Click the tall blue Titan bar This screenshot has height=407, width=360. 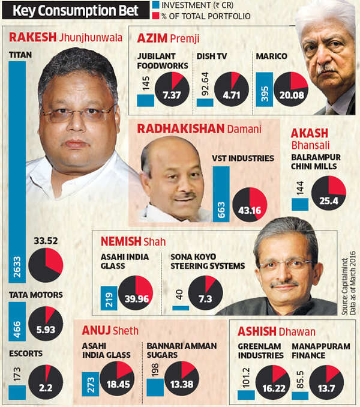tap(17, 172)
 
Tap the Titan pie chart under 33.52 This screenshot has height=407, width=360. tap(46, 265)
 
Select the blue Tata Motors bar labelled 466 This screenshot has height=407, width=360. tap(17, 321)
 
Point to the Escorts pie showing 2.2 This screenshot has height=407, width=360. tap(46, 382)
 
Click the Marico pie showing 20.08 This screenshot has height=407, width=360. tap(291, 89)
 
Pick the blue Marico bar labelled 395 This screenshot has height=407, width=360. tap(264, 89)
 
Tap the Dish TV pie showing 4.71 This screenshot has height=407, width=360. tap(232, 89)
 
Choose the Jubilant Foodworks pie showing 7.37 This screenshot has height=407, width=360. tap(172, 89)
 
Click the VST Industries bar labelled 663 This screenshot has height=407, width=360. tap(221, 194)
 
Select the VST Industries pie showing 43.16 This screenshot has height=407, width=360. tap(250, 205)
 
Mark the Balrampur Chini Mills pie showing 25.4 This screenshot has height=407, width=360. tap(329, 193)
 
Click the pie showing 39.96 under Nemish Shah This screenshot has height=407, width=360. tap(136, 293)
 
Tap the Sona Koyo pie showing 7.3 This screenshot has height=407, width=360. tap(205, 293)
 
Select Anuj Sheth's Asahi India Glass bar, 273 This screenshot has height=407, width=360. tap(91, 384)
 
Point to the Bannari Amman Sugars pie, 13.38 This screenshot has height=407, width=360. tap(182, 378)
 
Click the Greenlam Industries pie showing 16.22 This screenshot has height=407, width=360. tap(273, 382)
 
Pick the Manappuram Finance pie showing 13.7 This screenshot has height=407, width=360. tap(326, 382)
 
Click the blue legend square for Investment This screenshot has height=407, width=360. tap(155, 5)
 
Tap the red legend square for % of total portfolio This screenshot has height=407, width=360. tap(155, 16)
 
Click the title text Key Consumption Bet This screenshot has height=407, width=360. tap(76, 11)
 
